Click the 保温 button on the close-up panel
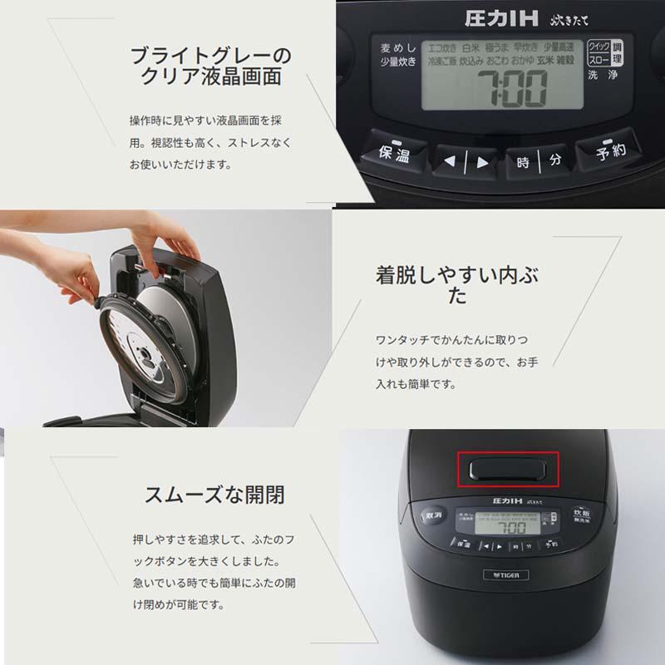click(x=394, y=153)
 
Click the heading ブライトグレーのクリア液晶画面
click(x=211, y=66)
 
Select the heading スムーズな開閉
click(x=214, y=495)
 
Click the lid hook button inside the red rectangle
click(x=507, y=470)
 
